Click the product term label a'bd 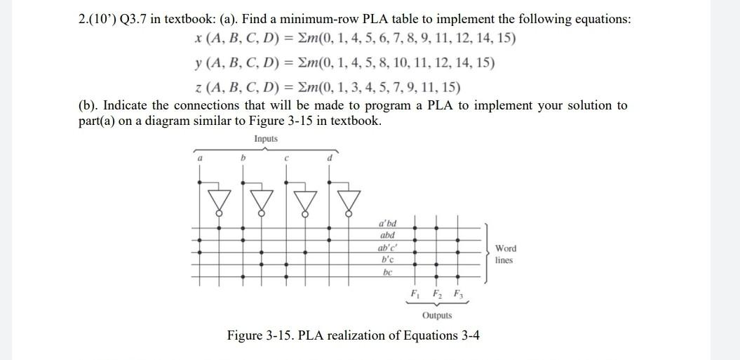pyautogui.click(x=387, y=223)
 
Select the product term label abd pyautogui.click(x=387, y=235)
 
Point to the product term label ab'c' pyautogui.click(x=387, y=248)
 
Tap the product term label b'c pyautogui.click(x=387, y=259)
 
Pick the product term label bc pyautogui.click(x=387, y=272)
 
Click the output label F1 pyautogui.click(x=415, y=293)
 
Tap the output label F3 pyautogui.click(x=458, y=293)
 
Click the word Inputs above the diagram pyautogui.click(x=266, y=139)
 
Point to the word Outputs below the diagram pyautogui.click(x=437, y=315)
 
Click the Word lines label pyautogui.click(x=505, y=254)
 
